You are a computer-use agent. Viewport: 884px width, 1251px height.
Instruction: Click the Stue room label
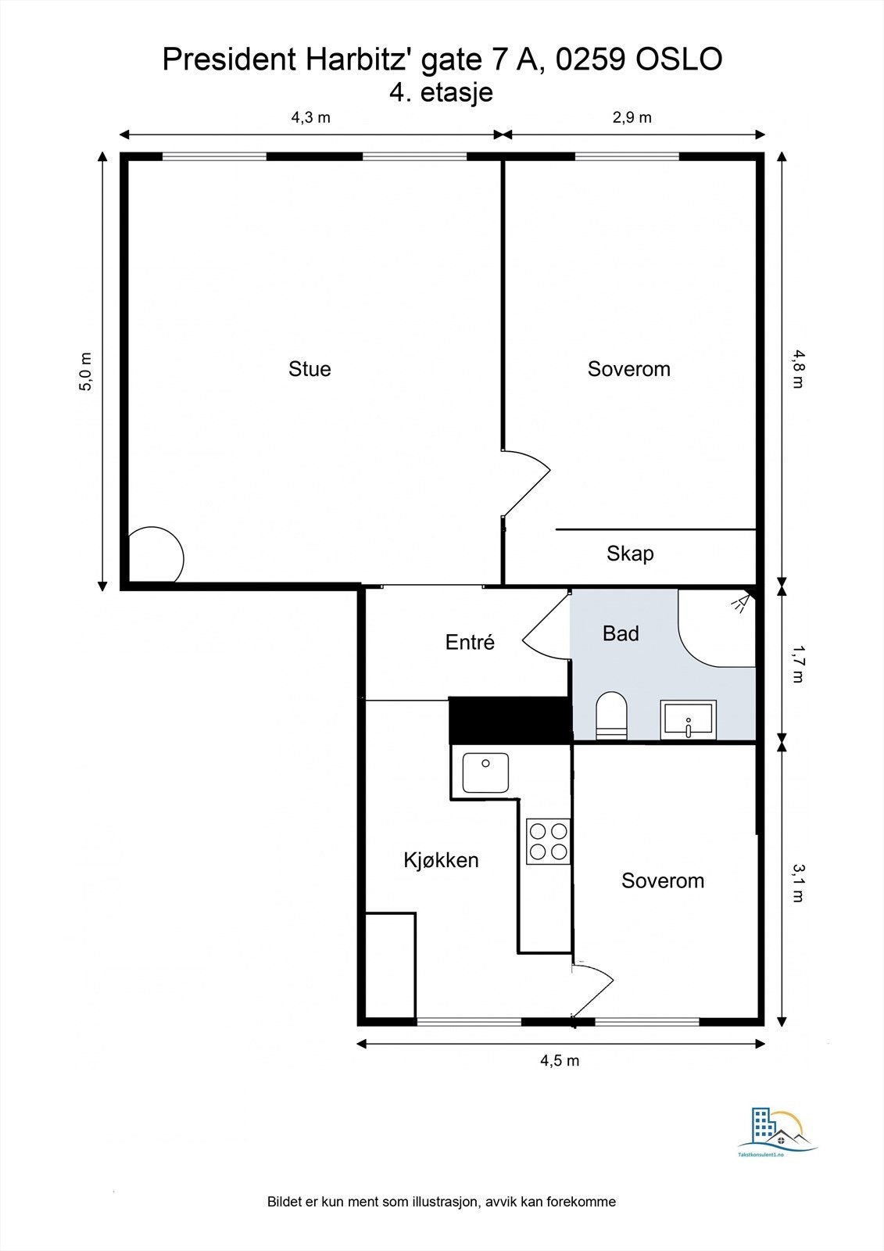coord(310,369)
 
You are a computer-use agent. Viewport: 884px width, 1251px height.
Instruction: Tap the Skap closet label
coord(630,554)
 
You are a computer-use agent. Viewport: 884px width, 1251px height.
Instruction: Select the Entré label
coord(470,642)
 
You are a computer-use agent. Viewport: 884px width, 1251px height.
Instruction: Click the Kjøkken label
coord(441,860)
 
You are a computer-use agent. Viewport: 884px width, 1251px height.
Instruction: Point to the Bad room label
coord(621,633)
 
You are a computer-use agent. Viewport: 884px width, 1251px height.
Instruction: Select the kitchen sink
coord(485,772)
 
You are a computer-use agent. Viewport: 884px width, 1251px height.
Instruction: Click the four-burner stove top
coord(548,841)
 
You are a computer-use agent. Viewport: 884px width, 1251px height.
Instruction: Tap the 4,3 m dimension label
coord(310,117)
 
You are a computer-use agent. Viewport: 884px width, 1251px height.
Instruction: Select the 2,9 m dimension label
coord(632,117)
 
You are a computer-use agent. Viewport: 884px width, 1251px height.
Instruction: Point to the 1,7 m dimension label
coord(797,665)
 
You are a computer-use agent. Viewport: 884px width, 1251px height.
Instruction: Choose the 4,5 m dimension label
coord(560,1060)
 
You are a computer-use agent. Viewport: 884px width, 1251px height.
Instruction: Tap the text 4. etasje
coord(441,92)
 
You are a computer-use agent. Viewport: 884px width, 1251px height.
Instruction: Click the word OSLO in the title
coord(678,59)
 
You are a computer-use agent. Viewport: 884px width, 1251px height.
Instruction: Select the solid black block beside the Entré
coord(510,719)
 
